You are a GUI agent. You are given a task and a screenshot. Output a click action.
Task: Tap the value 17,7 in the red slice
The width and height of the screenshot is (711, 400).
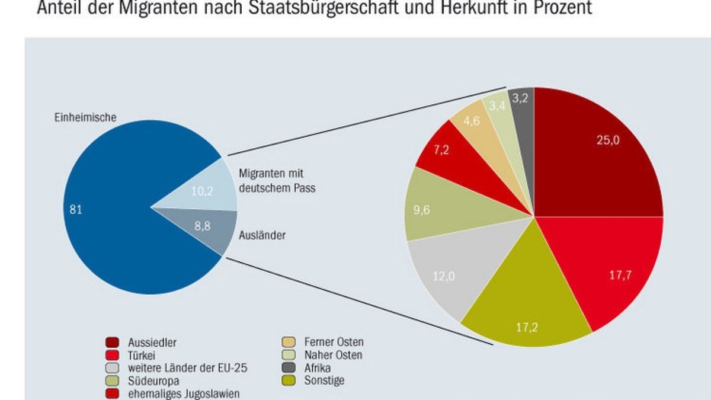tap(620, 275)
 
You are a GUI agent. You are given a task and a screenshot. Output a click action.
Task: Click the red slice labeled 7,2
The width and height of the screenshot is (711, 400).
tap(441, 149)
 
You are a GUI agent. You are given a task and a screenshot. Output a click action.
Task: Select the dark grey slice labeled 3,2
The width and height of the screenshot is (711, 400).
tap(521, 98)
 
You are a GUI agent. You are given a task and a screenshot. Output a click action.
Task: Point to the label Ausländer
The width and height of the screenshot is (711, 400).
tap(262, 236)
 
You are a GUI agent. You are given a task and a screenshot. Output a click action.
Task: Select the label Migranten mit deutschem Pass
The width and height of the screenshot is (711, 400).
tap(277, 181)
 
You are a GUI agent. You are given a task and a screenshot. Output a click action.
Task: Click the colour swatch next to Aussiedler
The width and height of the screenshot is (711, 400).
tap(113, 342)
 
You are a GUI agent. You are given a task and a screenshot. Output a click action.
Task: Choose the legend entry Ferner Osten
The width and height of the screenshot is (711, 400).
tap(334, 342)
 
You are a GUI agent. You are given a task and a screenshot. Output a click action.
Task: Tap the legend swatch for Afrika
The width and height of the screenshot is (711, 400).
tap(289, 368)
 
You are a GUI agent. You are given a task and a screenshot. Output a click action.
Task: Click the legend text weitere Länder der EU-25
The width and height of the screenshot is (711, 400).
tap(187, 368)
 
